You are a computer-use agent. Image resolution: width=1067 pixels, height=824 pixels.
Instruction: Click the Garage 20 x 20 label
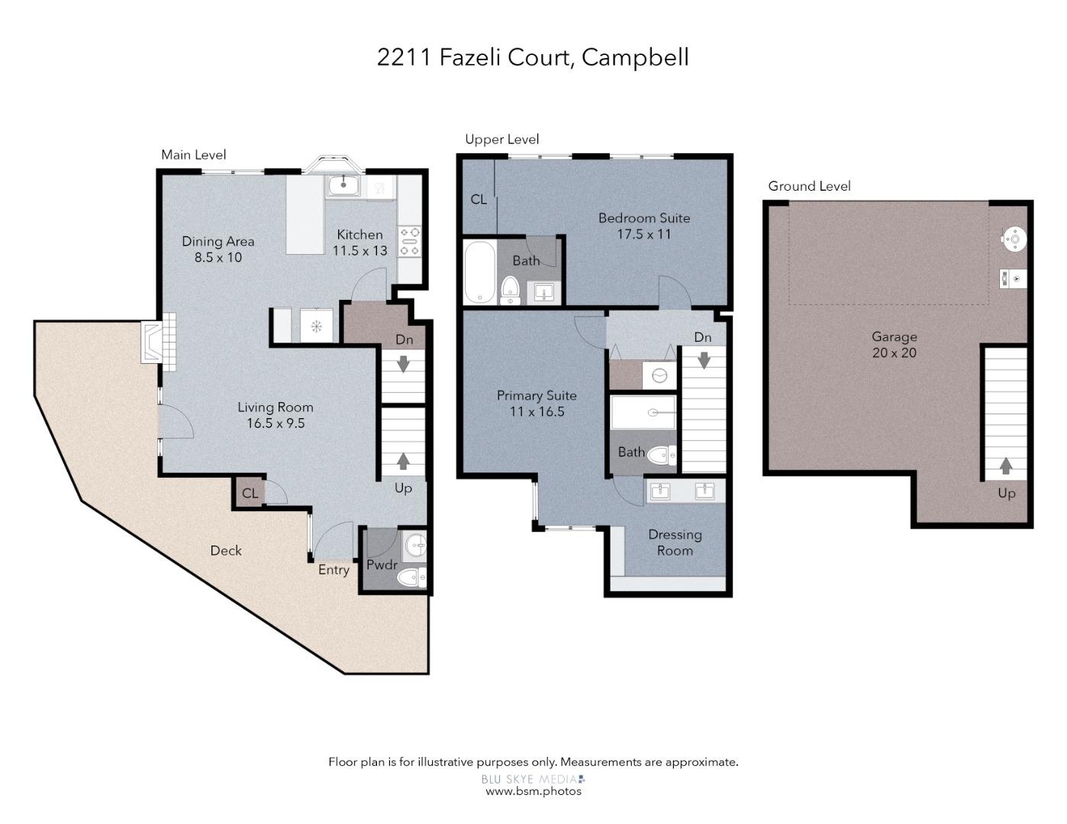pyautogui.click(x=894, y=345)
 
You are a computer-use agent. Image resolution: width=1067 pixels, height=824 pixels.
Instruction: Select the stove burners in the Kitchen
pyautogui.click(x=410, y=241)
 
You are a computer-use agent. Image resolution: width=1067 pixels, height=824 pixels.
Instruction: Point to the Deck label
pyautogui.click(x=226, y=551)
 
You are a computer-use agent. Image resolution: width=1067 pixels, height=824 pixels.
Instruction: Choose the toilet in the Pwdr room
pyautogui.click(x=411, y=577)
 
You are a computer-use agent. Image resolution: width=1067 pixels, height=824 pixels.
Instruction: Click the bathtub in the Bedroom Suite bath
pyautogui.click(x=480, y=272)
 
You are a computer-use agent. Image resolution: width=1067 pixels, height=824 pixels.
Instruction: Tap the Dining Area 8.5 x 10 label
pyautogui.click(x=218, y=249)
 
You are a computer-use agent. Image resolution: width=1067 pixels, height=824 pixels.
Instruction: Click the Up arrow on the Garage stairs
pyautogui.click(x=1006, y=465)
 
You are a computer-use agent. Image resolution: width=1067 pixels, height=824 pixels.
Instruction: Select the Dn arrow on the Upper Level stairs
pyautogui.click(x=704, y=360)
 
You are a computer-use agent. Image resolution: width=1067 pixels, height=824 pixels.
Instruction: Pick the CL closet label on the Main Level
pyautogui.click(x=250, y=493)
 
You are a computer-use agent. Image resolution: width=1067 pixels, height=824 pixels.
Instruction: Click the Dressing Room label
pyautogui.click(x=675, y=542)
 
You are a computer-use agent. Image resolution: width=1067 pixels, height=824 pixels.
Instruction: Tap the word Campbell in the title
pyautogui.click(x=635, y=57)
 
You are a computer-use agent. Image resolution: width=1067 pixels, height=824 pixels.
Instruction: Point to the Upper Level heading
pyautogui.click(x=502, y=140)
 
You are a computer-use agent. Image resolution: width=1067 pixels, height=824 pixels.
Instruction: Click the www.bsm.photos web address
pyautogui.click(x=533, y=791)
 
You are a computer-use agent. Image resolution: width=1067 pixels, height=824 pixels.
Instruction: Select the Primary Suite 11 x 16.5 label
pyautogui.click(x=537, y=404)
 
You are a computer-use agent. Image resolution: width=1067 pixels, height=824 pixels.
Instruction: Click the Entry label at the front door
pyautogui.click(x=334, y=570)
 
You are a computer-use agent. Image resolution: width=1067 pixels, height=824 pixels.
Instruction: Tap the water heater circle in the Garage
pyautogui.click(x=1014, y=240)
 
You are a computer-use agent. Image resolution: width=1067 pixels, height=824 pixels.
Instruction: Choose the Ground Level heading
pyautogui.click(x=809, y=186)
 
